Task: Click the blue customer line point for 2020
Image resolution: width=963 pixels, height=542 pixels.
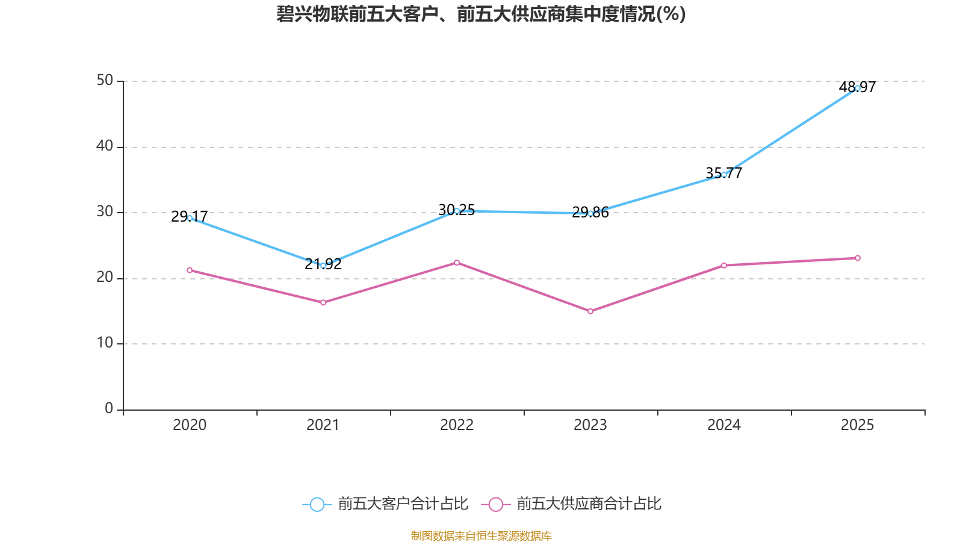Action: [190, 218]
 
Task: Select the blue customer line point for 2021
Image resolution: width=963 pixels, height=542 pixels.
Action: [323, 266]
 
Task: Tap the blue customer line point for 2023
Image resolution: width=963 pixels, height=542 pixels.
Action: [590, 213]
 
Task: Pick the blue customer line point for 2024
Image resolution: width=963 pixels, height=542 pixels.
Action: [724, 175]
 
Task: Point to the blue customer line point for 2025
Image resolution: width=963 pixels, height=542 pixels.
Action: [858, 88]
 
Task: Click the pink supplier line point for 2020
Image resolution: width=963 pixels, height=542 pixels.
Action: [190, 270]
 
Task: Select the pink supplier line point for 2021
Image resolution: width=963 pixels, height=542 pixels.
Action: [323, 303]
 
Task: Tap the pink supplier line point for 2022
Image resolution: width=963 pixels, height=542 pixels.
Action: [457, 263]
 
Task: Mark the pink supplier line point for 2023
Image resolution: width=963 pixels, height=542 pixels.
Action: [590, 311]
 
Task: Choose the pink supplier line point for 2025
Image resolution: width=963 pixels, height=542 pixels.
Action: [858, 258]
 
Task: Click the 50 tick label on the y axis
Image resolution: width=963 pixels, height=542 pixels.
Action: [105, 81]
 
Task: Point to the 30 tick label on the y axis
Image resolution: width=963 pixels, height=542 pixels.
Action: [105, 212]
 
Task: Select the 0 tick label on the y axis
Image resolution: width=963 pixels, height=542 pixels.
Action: [109, 409]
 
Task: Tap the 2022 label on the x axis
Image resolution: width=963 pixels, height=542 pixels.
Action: [457, 425]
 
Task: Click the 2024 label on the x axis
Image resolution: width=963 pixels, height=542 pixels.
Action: [724, 425]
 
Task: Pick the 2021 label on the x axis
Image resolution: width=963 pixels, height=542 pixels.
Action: [323, 425]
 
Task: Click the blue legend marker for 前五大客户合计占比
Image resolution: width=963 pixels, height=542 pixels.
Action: [317, 505]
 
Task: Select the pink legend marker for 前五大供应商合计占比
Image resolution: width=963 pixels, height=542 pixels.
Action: [495, 505]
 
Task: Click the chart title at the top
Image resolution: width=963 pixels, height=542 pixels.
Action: [481, 14]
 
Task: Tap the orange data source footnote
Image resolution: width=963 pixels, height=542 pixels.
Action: [481, 535]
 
